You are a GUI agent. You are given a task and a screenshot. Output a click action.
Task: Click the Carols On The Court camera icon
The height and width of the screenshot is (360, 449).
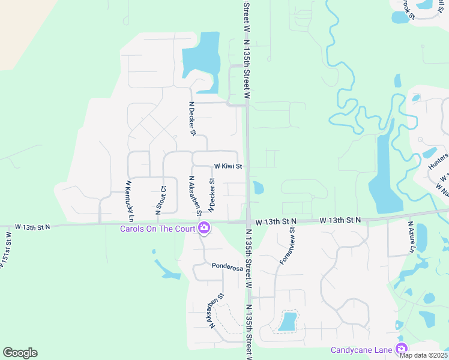[204, 227]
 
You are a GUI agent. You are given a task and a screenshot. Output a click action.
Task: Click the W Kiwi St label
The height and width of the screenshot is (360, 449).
[228, 166]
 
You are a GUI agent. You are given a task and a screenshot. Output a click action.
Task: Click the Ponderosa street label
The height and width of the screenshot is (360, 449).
[227, 268]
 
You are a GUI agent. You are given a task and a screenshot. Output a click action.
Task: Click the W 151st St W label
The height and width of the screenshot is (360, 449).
[5, 257]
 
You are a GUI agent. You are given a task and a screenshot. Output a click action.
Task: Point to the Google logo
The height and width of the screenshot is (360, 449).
[20, 353]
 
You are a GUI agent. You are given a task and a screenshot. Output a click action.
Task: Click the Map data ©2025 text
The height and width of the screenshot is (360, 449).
[424, 355]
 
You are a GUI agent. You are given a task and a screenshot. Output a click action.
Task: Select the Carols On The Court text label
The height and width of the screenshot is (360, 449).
[157, 228]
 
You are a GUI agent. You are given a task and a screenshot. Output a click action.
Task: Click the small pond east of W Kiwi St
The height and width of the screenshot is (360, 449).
[258, 188]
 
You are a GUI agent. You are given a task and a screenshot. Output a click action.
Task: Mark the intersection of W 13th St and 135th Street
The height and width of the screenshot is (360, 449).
[248, 222]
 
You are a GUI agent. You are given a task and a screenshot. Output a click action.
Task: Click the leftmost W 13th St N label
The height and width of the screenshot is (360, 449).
[33, 227]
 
